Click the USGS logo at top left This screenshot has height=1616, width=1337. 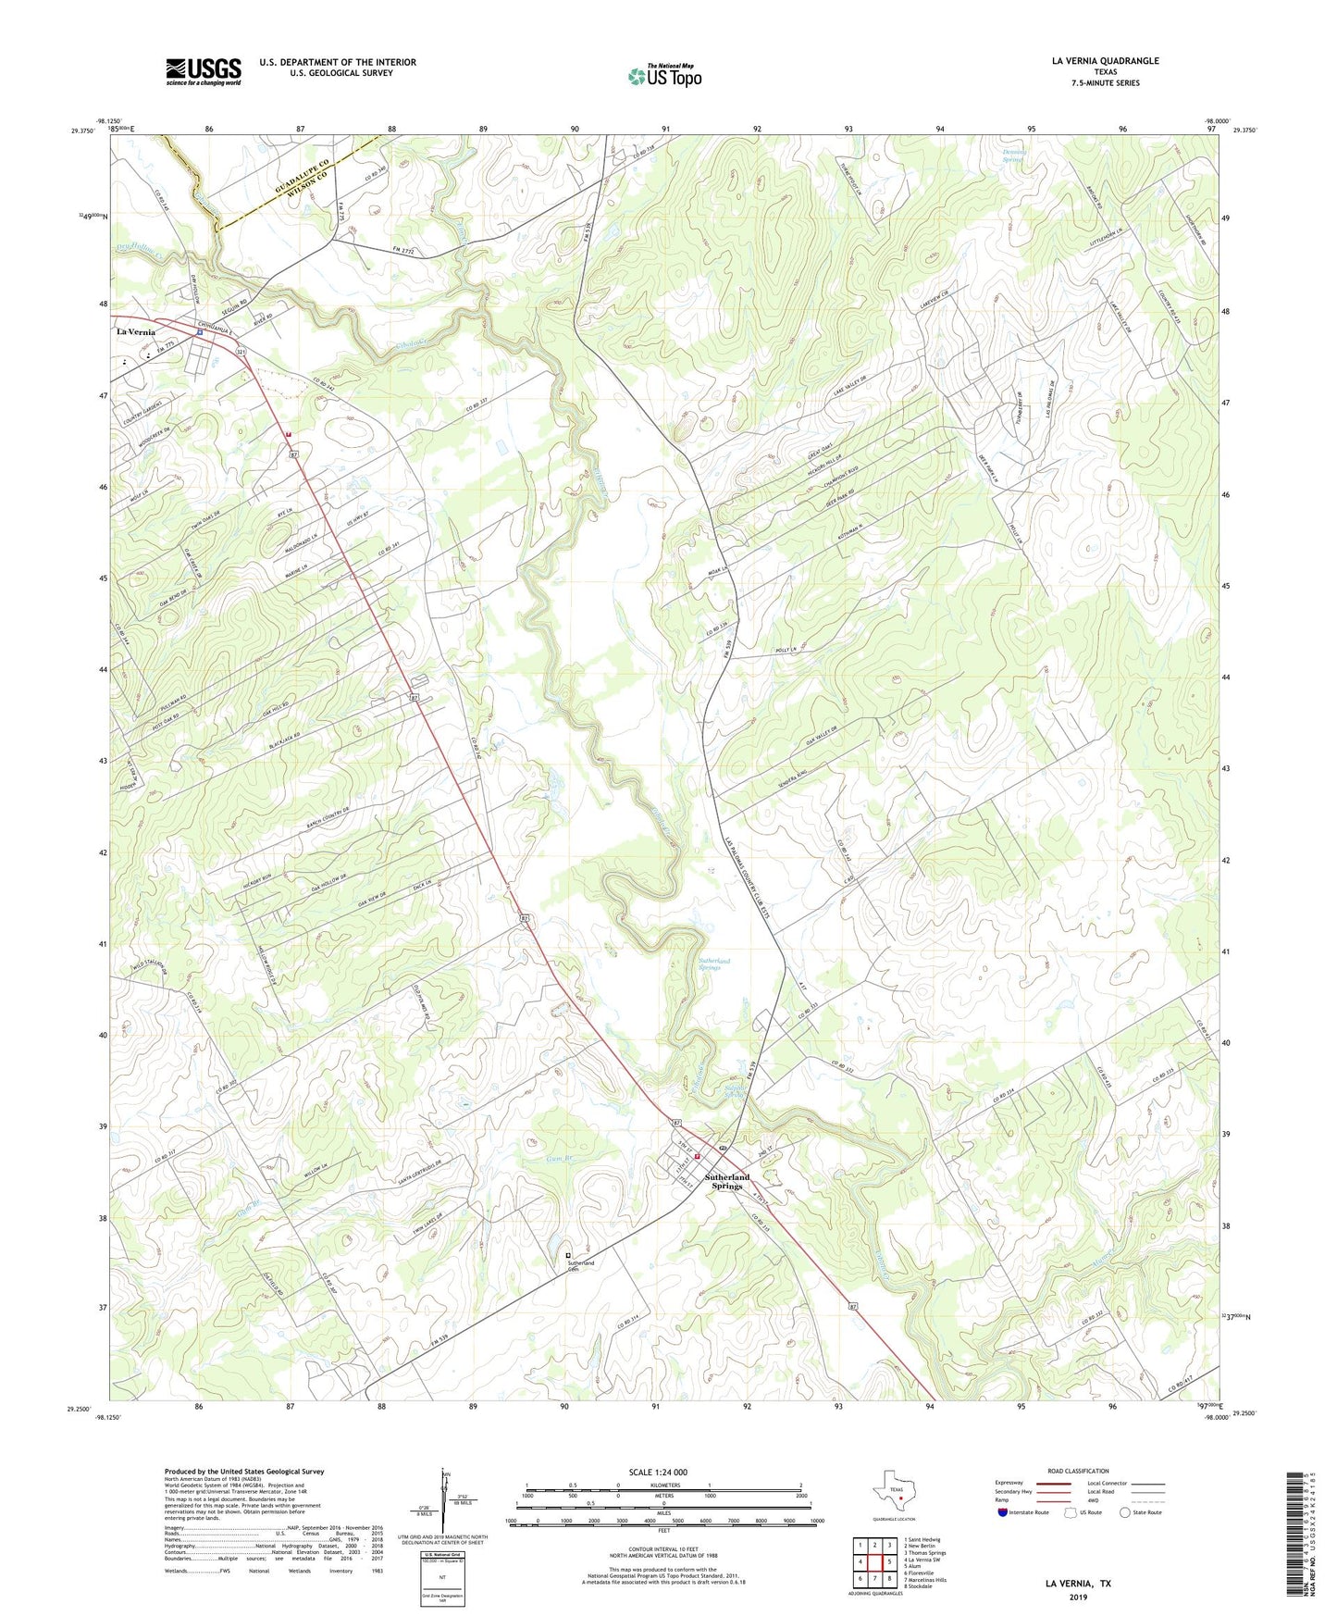204,71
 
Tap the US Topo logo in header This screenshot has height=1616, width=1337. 663,76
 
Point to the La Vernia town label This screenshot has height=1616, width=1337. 135,331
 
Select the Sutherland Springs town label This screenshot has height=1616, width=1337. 726,1182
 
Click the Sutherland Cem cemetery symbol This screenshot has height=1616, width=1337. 568,1255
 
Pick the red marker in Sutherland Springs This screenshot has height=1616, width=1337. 697,1155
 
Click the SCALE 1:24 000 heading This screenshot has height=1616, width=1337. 658,1473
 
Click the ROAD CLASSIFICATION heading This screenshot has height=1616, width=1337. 1078,1471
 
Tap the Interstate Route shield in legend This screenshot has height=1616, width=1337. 1004,1512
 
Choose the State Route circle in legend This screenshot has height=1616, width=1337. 1124,1512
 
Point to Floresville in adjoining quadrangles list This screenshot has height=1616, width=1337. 923,1572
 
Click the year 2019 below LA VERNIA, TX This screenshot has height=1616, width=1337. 1078,1597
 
